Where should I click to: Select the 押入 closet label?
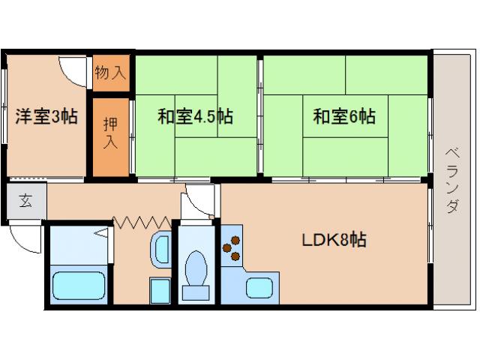pos(111,133)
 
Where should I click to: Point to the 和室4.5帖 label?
pos(194,117)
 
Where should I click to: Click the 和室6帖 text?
pos(344,117)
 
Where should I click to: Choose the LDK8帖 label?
pos(334,241)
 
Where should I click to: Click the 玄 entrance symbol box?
pos(25,202)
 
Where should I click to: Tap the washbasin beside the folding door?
pos(160,249)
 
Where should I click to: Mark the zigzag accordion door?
pos(142,221)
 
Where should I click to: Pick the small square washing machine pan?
pos(159,289)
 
